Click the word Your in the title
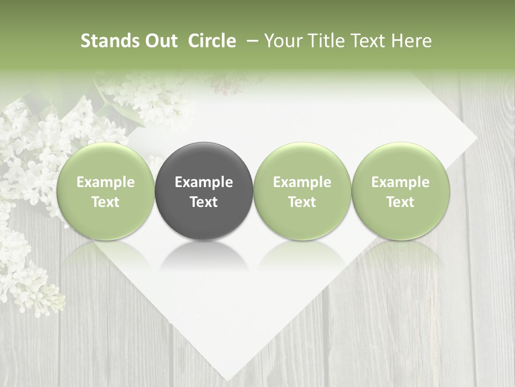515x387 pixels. coord(282,41)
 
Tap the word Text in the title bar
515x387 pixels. coord(365,41)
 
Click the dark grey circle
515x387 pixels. coord(204,191)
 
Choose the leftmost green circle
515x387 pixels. coord(106,191)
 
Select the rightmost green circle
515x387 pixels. coord(400,191)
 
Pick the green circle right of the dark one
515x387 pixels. coord(302,191)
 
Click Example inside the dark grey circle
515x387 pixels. coord(204,182)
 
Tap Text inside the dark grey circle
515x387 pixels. coord(204,202)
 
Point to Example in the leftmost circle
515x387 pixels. coord(106,182)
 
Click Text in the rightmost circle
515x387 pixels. coord(400,202)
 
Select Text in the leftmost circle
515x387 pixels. coord(106,202)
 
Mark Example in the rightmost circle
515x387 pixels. coord(400,182)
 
